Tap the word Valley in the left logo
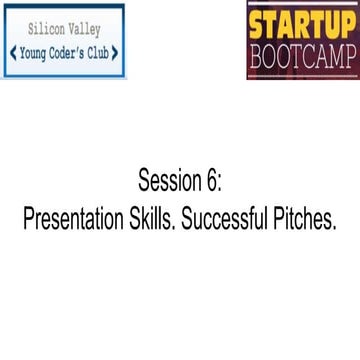[89, 30]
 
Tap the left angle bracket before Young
[11, 52]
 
